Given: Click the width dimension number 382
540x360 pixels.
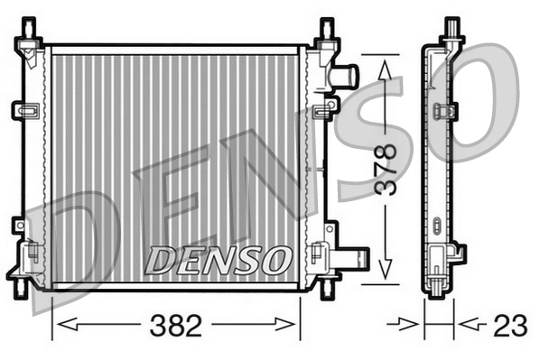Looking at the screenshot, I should (177, 326).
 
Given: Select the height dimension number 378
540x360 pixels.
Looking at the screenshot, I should (386, 168).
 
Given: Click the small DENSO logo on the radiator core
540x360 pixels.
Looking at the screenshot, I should (217, 260).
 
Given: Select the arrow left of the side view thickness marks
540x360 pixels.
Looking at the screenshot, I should (412, 323).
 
